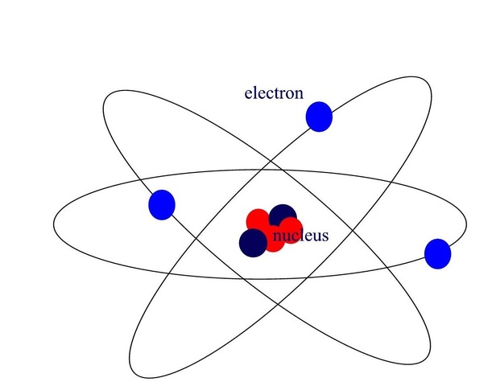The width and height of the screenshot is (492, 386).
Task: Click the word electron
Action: click(274, 93)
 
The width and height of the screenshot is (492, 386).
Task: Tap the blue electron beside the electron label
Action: click(319, 117)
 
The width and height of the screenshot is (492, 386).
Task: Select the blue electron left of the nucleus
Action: click(162, 203)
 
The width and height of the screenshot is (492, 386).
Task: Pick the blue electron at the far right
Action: click(437, 253)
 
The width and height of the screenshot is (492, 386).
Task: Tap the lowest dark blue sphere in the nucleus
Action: click(254, 241)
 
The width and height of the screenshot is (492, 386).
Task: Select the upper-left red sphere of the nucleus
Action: click(258, 220)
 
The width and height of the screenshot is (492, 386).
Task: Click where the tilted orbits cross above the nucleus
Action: click(275, 170)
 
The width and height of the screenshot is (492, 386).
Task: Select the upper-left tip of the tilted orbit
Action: click(105, 105)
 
